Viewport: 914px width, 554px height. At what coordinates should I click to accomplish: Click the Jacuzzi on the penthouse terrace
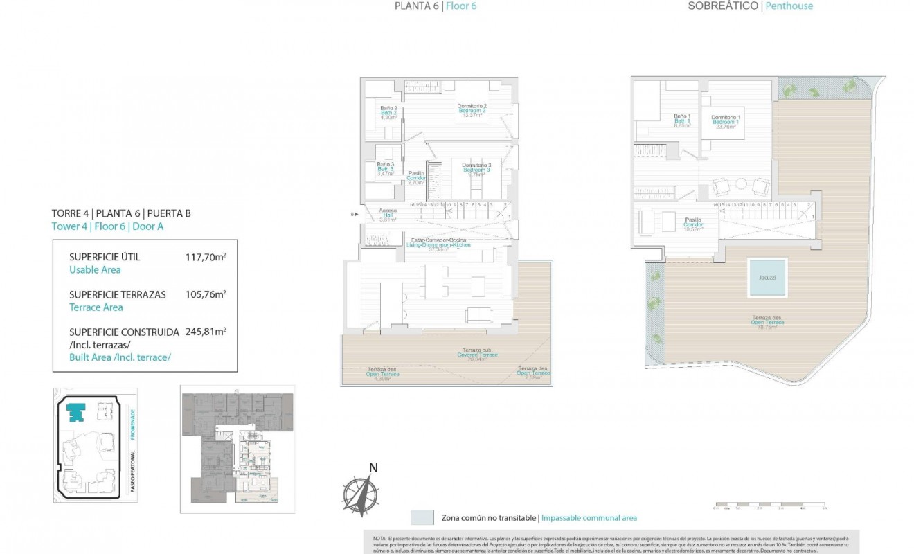click(x=767, y=278)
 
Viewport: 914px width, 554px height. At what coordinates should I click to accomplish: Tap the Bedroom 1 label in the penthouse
click(x=726, y=122)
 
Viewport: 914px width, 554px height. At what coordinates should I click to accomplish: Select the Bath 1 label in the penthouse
click(x=683, y=120)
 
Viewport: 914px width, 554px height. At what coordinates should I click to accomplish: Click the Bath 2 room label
click(x=388, y=113)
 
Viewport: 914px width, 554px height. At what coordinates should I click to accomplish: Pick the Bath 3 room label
click(x=386, y=168)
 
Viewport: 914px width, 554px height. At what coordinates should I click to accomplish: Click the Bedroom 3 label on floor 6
click(x=476, y=169)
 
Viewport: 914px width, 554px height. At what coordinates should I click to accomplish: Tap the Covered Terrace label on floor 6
click(x=476, y=355)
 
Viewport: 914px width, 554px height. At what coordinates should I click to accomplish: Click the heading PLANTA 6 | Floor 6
click(x=436, y=6)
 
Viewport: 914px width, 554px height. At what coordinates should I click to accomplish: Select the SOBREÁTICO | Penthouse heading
click(x=750, y=6)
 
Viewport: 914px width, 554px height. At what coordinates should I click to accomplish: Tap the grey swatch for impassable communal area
click(x=422, y=517)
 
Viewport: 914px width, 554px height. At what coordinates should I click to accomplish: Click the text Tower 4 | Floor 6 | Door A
click(x=107, y=226)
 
